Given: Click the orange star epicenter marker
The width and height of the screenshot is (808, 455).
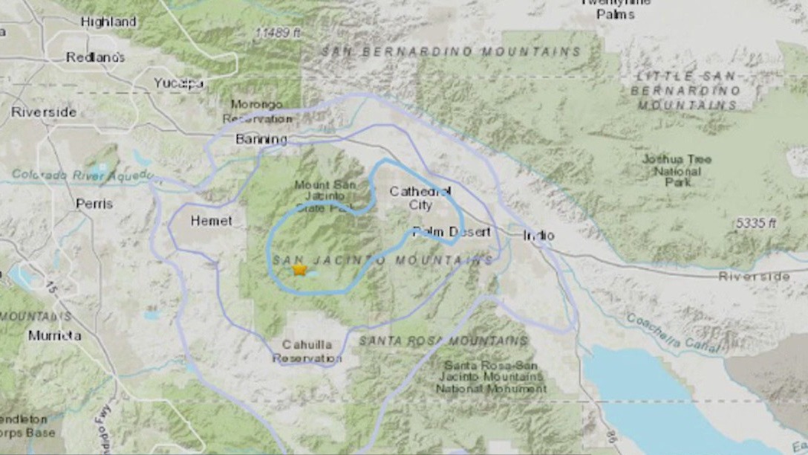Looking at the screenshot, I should (x=299, y=270).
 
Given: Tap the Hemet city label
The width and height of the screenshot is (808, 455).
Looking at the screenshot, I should (x=211, y=221).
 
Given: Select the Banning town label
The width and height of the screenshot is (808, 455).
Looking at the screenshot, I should (x=261, y=139).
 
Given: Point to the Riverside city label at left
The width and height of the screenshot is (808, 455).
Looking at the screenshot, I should (x=44, y=112).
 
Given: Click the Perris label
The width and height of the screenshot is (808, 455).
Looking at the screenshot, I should (x=94, y=203).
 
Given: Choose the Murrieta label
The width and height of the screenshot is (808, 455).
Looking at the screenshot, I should (x=54, y=335).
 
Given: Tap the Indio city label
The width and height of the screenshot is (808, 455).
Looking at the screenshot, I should (x=538, y=236).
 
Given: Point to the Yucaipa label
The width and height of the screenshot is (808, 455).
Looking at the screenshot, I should (x=179, y=83).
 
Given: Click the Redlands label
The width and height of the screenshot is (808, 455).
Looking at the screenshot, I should (x=96, y=57).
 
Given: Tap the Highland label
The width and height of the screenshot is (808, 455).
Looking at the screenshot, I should (x=108, y=22).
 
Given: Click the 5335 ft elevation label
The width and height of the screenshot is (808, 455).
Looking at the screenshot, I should (x=755, y=223).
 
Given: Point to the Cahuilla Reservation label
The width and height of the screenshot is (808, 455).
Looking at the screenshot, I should (x=307, y=352).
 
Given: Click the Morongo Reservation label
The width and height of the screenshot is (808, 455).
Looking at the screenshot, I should (x=258, y=112).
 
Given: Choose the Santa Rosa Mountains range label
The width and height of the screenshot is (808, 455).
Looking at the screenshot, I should (x=443, y=341).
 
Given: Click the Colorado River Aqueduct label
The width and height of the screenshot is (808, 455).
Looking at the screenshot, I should (x=82, y=175).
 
